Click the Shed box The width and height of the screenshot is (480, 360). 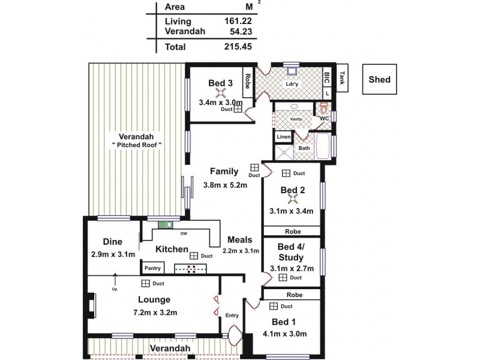(x=379, y=79)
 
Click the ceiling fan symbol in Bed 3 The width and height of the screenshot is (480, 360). (x=220, y=93)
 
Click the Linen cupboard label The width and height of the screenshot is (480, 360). (x=283, y=137)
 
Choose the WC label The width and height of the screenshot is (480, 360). (x=324, y=118)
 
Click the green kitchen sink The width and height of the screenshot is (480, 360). (x=164, y=226)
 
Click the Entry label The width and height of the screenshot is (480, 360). (x=232, y=316)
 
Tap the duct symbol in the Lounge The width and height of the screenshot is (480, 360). (x=145, y=283)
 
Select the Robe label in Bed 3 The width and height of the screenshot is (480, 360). (x=247, y=81)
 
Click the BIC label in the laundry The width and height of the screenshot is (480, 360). (x=327, y=77)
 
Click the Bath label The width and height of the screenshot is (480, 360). (x=304, y=148)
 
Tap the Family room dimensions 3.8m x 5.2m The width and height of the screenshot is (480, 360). (x=225, y=185)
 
